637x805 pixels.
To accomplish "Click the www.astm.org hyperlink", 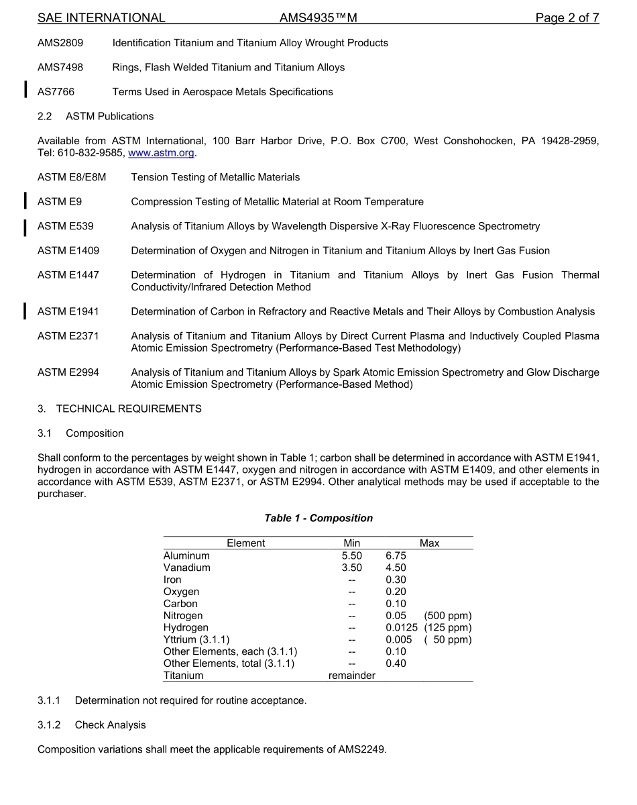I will coord(161,153).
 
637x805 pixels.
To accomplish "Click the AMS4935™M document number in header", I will coord(318,18).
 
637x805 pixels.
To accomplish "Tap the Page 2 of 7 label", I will coord(567,18).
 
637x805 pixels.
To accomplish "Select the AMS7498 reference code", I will coord(60,68).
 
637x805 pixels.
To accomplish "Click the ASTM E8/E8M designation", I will coord(72,178).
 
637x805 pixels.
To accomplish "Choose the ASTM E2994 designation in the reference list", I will coord(68,372).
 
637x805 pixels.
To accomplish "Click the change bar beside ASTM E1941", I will coord(25,311).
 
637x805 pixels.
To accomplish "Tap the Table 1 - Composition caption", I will coord(318,519).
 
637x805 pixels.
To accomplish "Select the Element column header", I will coord(245,543).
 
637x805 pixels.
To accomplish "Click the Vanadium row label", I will coord(187,568).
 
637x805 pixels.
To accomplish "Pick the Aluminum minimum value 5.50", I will coord(351,555).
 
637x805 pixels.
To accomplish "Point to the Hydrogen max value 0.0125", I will coord(402,628).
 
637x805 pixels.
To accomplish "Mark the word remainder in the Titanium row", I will coord(351,676).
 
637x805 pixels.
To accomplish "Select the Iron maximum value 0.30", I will coord(396,580).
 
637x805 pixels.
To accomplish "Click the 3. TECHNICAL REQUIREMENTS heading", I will coord(119,409).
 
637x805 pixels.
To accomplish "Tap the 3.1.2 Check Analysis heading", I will coord(91,725).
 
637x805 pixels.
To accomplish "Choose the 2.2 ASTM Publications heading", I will coord(95,117).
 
